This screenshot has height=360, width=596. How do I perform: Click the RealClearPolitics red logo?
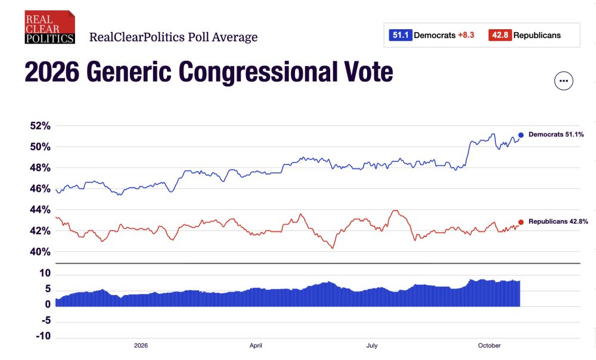pos(50,27)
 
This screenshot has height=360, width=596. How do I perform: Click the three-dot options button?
pos(563,80)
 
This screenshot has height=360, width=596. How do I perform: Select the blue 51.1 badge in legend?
pos(401,35)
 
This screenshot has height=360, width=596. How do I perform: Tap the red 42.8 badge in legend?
pos(500,35)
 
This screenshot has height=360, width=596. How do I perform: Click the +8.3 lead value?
pos(466,35)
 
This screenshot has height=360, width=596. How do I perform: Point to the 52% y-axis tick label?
pos(41,126)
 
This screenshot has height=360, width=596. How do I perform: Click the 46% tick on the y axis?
pos(41,188)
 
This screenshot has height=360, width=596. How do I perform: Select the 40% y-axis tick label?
pos(41,252)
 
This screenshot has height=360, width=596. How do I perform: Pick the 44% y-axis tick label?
pos(41,209)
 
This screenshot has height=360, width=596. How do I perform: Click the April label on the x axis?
pos(256,346)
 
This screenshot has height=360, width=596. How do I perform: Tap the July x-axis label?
pos(372,346)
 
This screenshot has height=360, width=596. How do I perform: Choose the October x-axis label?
pos(489,346)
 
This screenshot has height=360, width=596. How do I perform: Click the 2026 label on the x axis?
pos(141,346)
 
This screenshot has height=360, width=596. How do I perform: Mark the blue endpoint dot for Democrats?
pos(521,135)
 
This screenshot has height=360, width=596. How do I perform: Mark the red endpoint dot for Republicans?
pos(521,222)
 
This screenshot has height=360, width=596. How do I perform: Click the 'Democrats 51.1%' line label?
pos(556,135)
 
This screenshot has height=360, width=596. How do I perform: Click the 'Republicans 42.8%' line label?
pos(558,222)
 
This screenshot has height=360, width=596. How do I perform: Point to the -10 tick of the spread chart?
pos(43,336)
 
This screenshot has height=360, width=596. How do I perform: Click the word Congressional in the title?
pos(257,72)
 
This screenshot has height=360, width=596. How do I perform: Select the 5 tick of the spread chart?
pos(48,289)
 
